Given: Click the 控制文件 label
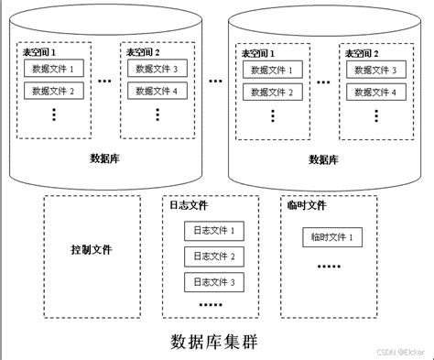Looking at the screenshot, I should click(91, 250).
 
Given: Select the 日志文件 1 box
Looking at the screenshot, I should click(214, 231).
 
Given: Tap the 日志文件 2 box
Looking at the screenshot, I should click(214, 256).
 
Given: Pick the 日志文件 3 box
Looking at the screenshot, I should click(214, 281).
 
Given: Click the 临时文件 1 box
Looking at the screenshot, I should click(331, 238).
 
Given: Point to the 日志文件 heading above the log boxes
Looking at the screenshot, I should click(189, 206).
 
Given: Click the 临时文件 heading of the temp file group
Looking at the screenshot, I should click(305, 206).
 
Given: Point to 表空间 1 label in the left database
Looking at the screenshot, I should click(45, 53).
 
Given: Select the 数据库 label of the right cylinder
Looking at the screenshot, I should click(323, 158).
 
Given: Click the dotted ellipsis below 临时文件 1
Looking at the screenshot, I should click(328, 267).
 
